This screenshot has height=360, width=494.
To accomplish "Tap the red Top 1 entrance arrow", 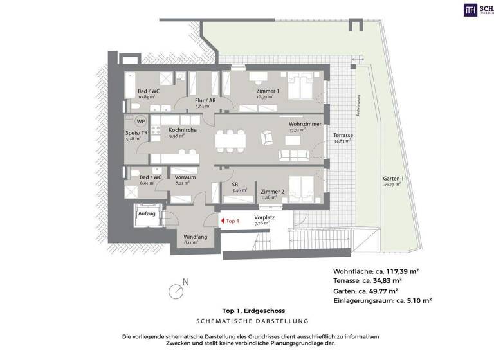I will pos(223,221).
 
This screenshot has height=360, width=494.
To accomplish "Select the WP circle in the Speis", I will pos(140,122).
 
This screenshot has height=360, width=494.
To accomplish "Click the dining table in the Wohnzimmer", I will pos(230,138).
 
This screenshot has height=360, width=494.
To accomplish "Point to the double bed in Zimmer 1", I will pos(298,85).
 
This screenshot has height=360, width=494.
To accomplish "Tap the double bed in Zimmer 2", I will pos(298,188).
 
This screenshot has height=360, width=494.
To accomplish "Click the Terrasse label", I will pos(342,136).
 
